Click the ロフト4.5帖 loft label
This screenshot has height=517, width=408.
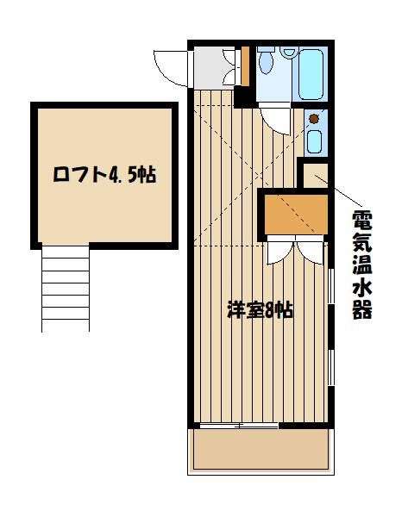tap(104, 174)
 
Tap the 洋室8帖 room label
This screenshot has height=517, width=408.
tap(260, 310)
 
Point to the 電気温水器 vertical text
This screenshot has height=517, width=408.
tap(362, 265)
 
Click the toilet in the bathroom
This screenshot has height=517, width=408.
tap(266, 60)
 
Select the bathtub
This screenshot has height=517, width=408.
tap(311, 74)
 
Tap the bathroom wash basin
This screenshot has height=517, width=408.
tap(290, 52)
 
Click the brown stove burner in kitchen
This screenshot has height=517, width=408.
tap(313, 119)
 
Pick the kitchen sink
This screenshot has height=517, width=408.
tap(314, 141)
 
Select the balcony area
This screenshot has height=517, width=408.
tap(260, 449)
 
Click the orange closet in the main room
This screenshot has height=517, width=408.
tap(297, 214)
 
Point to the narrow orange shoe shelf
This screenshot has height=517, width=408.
tap(245, 66)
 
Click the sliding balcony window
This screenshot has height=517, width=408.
tap(239, 426)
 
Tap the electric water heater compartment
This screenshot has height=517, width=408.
tap(315, 176)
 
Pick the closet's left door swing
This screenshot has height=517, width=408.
tap(280, 252)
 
